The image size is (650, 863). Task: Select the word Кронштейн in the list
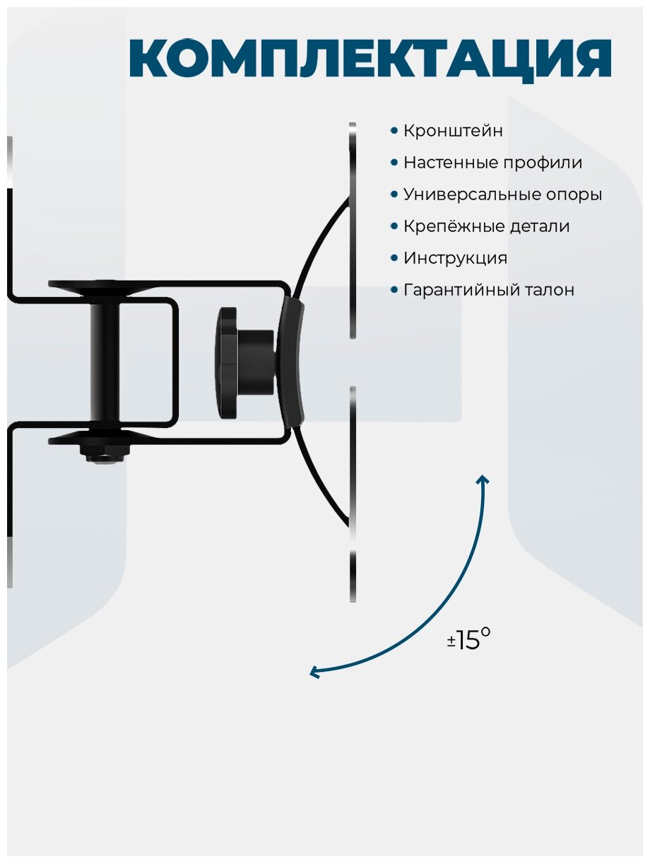tap(453, 131)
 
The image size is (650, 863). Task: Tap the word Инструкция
tap(455, 258)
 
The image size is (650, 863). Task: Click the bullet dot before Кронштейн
tap(394, 131)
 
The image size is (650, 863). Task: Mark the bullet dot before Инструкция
tap(394, 258)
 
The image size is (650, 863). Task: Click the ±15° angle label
tap(468, 640)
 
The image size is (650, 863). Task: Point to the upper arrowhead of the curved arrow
tap(483, 481)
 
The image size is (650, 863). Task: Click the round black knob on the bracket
tap(237, 364)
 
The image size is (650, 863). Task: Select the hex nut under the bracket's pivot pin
tap(104, 451)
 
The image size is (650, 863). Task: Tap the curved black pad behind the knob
tap(290, 362)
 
